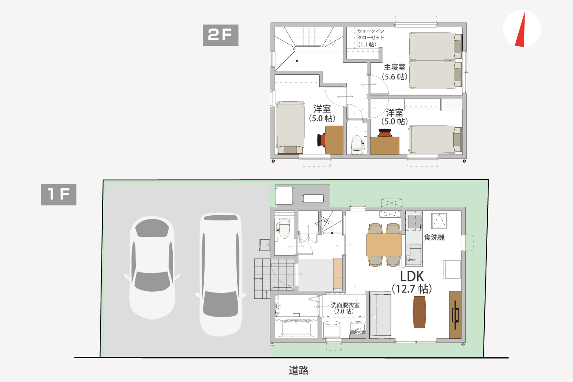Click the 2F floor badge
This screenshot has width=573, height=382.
[221, 35]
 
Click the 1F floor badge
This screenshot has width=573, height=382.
[59, 194]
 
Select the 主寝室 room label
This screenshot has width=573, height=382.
[394, 67]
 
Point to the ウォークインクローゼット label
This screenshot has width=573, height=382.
[371, 34]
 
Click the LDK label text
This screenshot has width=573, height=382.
[412, 276]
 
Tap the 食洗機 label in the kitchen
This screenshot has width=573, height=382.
[434, 237]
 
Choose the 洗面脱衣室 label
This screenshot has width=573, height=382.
[345, 305]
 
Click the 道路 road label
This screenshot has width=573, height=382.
[298, 370]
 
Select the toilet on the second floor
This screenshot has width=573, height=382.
[357, 145]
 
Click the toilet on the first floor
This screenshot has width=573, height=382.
[284, 228]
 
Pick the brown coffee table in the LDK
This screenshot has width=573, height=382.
[419, 312]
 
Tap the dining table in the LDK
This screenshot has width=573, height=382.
[384, 244]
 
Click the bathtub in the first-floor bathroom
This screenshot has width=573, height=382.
[296, 328]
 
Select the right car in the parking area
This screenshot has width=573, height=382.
[221, 274]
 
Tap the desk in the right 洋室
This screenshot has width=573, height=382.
[385, 146]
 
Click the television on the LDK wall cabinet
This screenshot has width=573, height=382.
[456, 315]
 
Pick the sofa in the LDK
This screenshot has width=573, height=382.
[380, 315]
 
